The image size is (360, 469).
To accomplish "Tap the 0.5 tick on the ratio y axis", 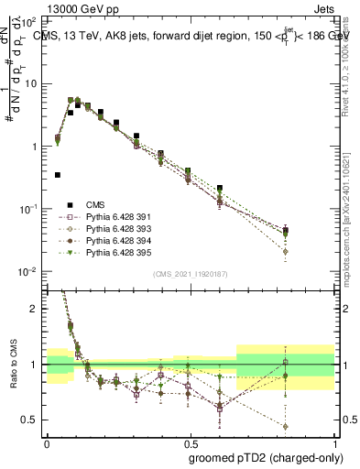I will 33,420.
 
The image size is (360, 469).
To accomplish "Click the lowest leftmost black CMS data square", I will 58,174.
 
